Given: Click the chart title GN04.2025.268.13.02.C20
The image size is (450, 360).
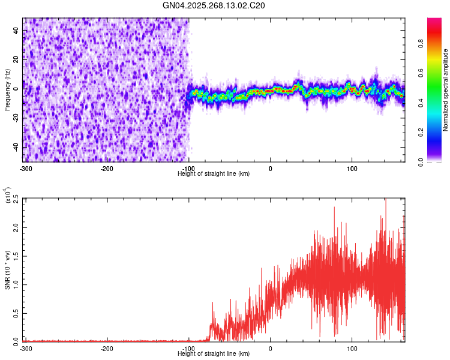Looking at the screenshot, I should (214, 5).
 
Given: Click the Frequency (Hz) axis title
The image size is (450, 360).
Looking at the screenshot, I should (7, 91).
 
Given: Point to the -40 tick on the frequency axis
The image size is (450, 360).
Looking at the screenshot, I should (16, 147).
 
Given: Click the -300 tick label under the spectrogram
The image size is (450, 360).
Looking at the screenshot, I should (25, 168).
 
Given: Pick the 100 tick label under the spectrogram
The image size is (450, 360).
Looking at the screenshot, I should (352, 168).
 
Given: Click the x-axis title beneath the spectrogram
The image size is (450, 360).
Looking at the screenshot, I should (214, 173).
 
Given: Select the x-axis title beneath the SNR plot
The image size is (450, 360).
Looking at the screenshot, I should (214, 353).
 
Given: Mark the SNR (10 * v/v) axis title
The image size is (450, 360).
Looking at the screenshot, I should (7, 269).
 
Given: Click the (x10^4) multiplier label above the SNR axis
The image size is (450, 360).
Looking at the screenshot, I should (7, 194).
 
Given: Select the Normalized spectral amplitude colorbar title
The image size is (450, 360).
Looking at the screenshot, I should (445, 91).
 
